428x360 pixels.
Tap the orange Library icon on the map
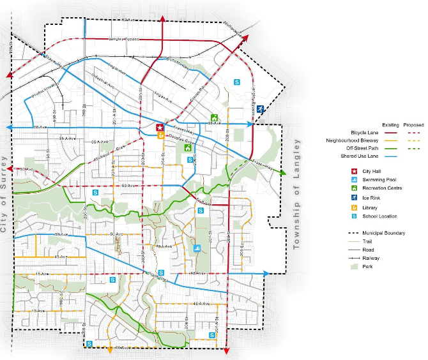(160, 135)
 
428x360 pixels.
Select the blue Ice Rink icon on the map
(260, 109)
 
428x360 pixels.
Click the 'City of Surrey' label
(4, 198)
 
